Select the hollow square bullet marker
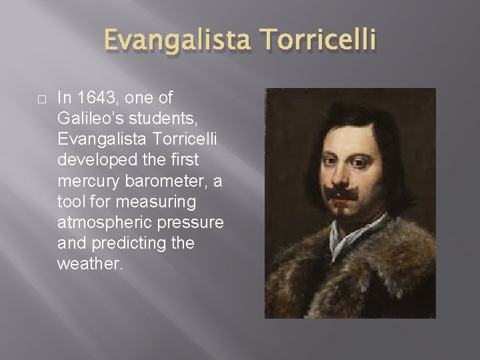point(41,99)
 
